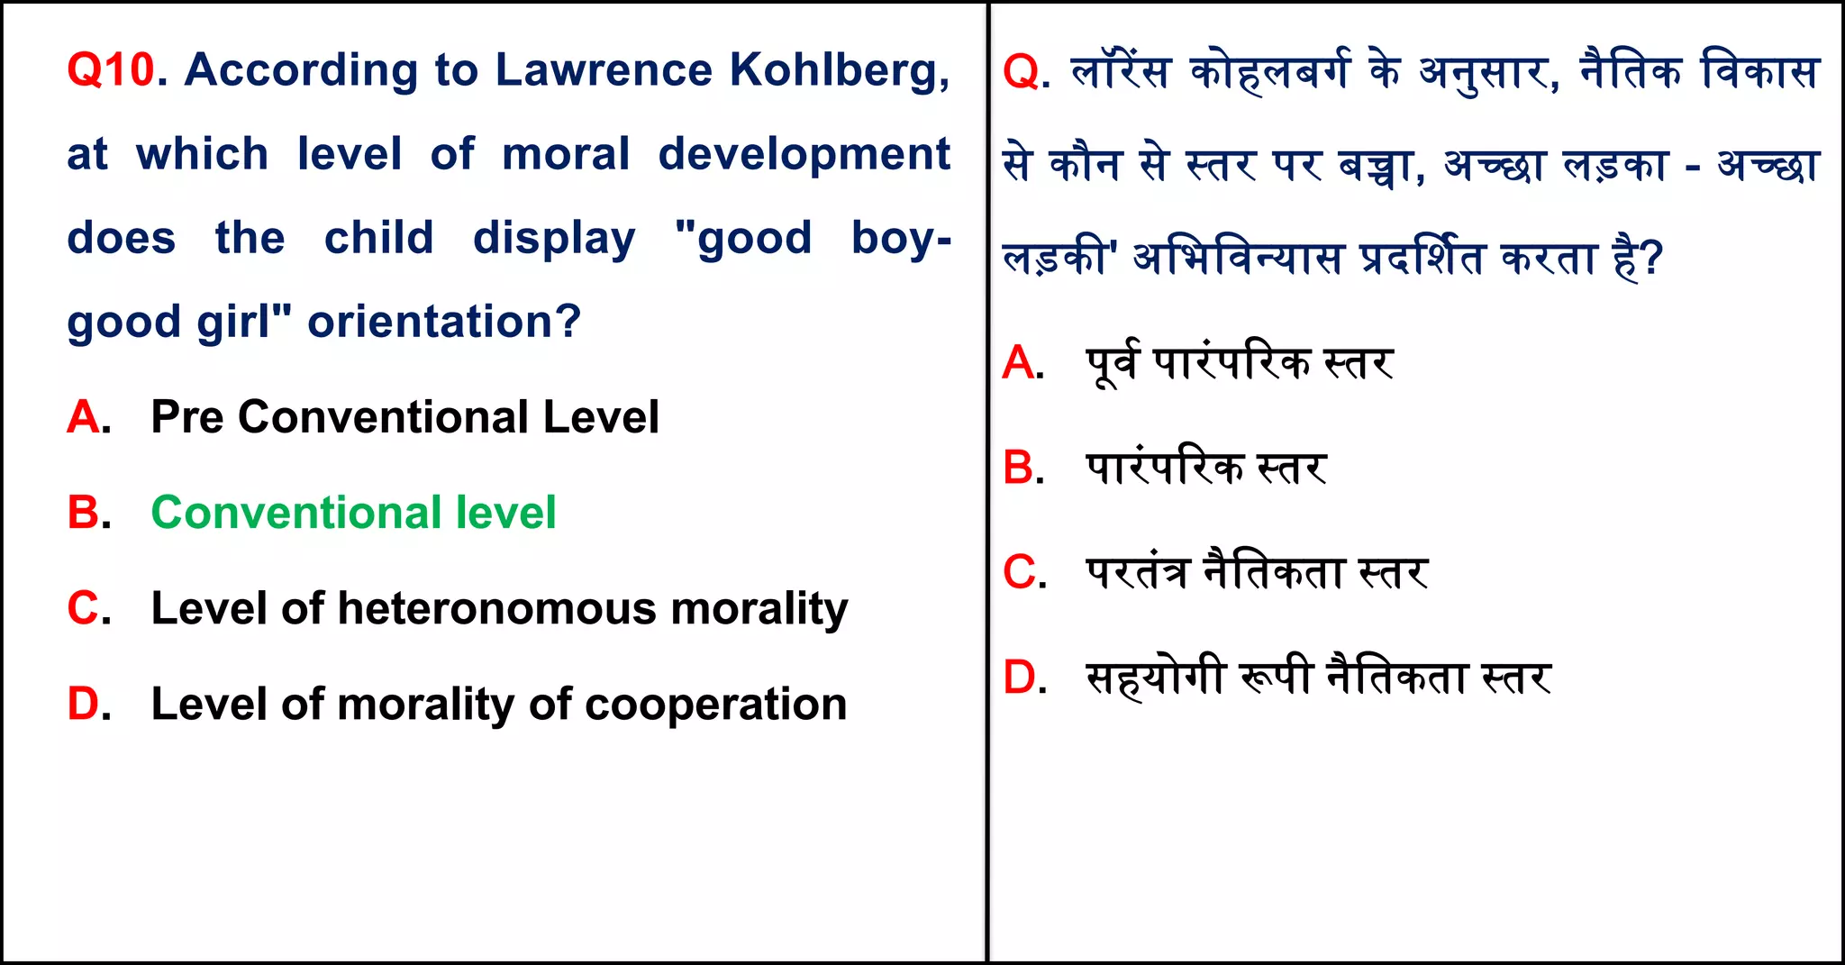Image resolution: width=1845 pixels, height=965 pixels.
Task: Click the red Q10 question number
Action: pyautogui.click(x=111, y=69)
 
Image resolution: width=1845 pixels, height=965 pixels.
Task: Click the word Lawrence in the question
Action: pyautogui.click(x=604, y=69)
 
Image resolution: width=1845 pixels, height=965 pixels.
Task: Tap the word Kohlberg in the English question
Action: pyautogui.click(x=838, y=71)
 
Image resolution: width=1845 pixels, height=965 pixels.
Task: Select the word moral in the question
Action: pyautogui.click(x=566, y=154)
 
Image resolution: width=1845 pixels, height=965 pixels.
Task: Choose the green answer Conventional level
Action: pyautogui.click(x=353, y=513)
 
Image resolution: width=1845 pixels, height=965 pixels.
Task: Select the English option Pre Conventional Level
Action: pyautogui.click(x=404, y=417)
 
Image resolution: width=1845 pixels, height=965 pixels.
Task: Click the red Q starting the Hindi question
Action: pyautogui.click(x=1021, y=72)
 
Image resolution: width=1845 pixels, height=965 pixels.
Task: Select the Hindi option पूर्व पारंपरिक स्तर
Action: pyautogui.click(x=1240, y=363)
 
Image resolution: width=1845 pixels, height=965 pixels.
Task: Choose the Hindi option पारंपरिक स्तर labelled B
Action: pyautogui.click(x=1205, y=469)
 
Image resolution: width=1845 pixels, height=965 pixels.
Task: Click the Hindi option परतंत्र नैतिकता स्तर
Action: pyautogui.click(x=1257, y=573)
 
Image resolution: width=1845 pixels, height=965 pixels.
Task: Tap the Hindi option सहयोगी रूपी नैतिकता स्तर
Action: pyautogui.click(x=1318, y=678)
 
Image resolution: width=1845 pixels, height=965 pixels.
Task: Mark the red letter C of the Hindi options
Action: pyautogui.click(x=1021, y=573)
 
